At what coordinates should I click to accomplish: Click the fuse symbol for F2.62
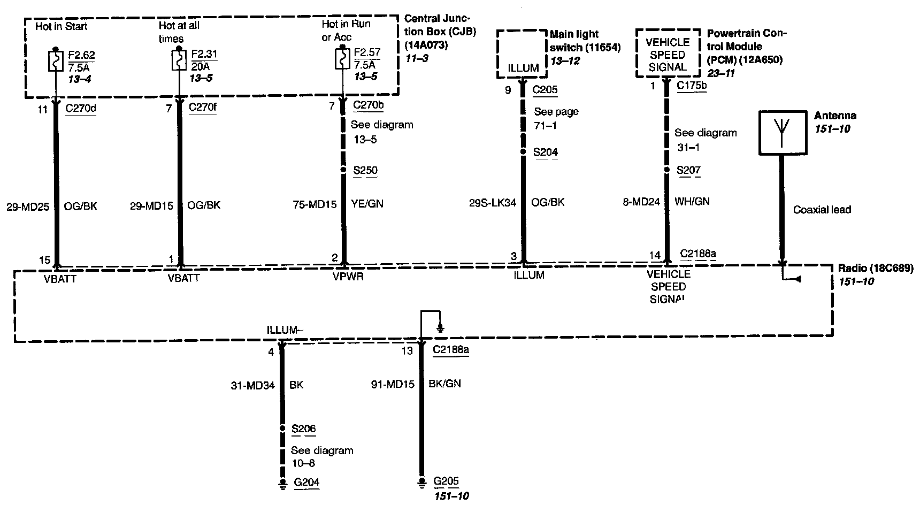click(56, 61)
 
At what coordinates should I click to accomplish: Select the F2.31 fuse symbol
click(179, 61)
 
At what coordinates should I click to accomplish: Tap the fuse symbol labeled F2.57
click(342, 59)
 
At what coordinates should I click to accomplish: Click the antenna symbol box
click(782, 133)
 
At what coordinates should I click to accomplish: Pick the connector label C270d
click(81, 108)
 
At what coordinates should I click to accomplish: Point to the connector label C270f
click(203, 108)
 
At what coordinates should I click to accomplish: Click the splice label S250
click(365, 171)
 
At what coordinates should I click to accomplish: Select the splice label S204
click(546, 152)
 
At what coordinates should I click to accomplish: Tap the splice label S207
click(688, 171)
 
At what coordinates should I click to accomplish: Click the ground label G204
click(306, 483)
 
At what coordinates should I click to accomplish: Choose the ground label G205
click(446, 481)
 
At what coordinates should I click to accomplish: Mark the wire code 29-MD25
click(28, 206)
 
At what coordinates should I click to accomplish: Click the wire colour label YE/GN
click(367, 204)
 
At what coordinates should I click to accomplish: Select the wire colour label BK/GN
click(444, 384)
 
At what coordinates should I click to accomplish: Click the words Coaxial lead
click(822, 210)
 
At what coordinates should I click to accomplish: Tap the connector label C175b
click(692, 86)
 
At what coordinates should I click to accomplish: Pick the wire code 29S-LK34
click(493, 203)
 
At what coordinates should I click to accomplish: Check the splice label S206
click(303, 429)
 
